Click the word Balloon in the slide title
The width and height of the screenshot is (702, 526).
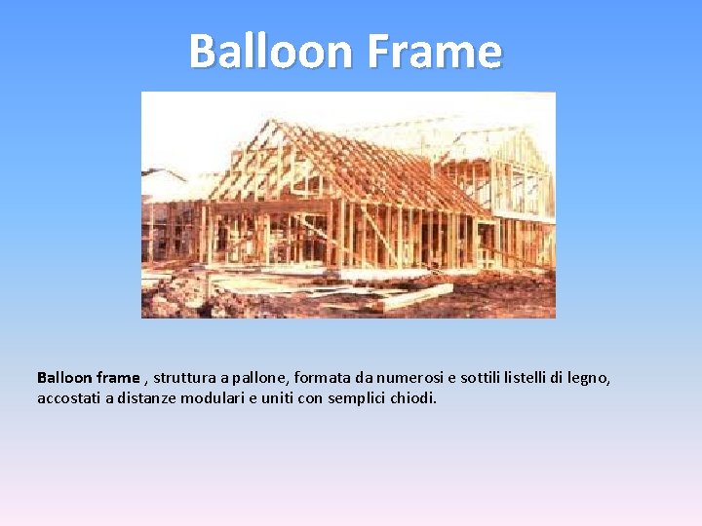coord(272,51)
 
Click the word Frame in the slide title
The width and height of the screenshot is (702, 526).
coord(435,51)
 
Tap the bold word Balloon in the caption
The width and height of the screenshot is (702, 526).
coord(64,377)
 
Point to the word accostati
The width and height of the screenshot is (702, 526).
coord(68,398)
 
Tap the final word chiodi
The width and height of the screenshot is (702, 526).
coord(414,398)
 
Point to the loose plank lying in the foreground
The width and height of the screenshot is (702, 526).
coord(414,296)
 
